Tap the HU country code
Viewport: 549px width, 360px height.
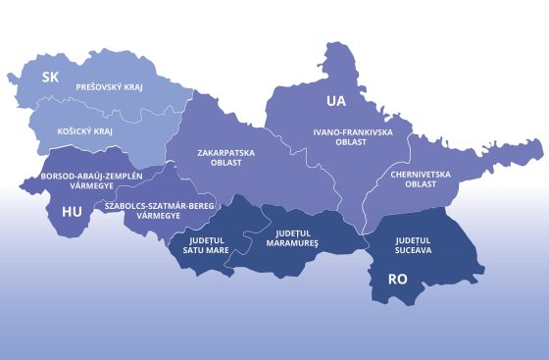tap(71, 210)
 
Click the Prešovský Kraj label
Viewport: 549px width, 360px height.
tap(110, 86)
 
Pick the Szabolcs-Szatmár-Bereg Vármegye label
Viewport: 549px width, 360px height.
tap(160, 210)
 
